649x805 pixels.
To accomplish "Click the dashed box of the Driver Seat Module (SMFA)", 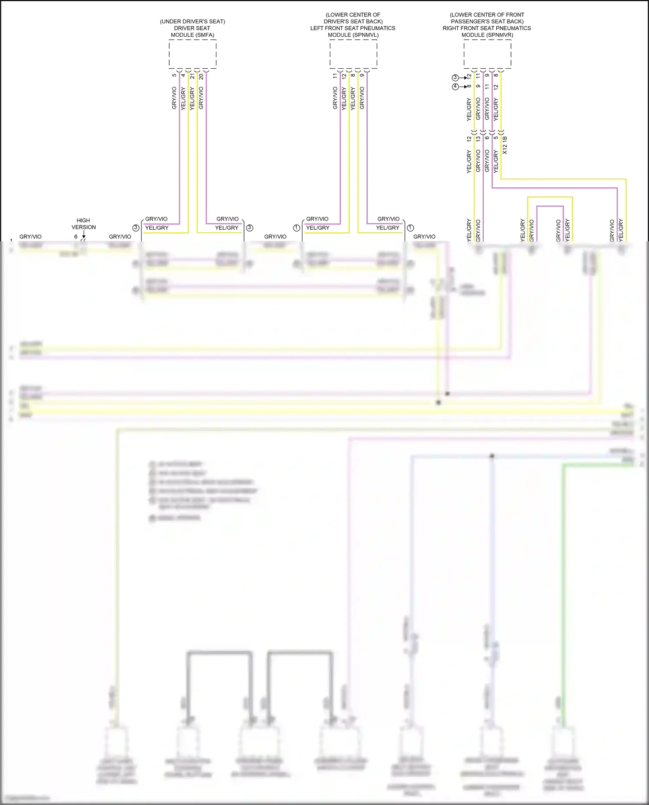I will (193, 54).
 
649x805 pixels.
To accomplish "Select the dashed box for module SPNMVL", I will (353, 54).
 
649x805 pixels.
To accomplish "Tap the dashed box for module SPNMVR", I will (487, 54).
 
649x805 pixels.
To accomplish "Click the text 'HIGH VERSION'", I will (84, 224).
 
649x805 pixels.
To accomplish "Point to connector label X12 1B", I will (505, 145).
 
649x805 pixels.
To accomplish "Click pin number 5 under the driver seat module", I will (174, 75).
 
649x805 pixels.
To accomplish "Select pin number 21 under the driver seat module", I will (192, 76).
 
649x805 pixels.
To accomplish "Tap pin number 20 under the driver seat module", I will (201, 76).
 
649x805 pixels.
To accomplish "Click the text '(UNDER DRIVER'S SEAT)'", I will (193, 21).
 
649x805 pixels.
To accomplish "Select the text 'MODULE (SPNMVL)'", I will (353, 35).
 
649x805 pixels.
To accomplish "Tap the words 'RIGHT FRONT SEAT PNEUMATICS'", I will (487, 28).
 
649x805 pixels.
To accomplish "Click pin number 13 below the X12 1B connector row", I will (478, 139).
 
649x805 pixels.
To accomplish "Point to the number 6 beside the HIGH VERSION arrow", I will (76, 237).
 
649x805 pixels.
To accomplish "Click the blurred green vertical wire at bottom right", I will (563, 606).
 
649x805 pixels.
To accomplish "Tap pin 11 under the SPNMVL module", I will (335, 76).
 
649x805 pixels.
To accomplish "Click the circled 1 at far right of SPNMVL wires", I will (411, 228).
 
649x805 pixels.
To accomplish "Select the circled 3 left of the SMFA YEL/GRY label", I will (136, 228).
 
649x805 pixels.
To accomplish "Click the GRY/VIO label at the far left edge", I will (30, 237).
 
